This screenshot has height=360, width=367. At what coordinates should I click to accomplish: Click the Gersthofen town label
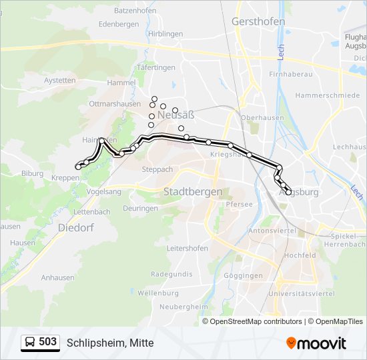[x=258, y=21]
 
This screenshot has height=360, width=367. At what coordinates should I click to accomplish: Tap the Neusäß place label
[x=175, y=115]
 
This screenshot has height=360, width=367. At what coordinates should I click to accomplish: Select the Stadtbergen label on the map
[x=193, y=192]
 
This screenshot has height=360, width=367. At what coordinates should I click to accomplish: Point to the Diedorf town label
[x=76, y=227]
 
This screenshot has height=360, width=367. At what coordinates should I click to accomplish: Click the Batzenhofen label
[x=135, y=11]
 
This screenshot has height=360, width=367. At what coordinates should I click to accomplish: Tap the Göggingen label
[x=244, y=276]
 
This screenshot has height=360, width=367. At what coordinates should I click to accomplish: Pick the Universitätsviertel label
[x=300, y=293]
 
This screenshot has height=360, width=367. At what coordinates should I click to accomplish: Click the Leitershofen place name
[x=188, y=248]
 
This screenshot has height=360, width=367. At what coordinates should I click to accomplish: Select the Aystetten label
[x=59, y=81]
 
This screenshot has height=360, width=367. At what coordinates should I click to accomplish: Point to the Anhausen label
[x=57, y=277]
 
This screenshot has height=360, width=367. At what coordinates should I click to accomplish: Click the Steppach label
[x=157, y=169]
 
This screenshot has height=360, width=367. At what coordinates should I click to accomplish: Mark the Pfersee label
[x=239, y=204]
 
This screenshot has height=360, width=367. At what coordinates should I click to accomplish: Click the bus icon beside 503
[x=30, y=343]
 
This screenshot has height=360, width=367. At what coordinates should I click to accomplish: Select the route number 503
[x=48, y=342]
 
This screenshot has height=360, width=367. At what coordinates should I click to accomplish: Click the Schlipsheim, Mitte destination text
[x=110, y=343]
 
